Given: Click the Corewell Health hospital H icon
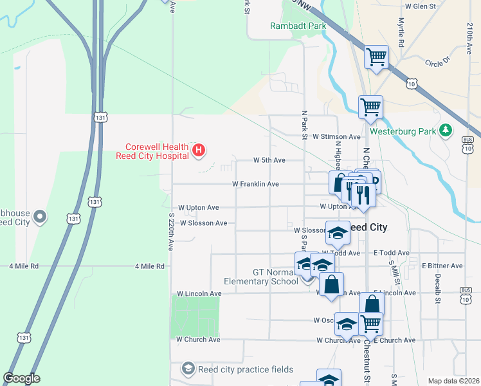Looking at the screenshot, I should click(199, 151).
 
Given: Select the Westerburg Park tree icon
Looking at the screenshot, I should click(446, 131).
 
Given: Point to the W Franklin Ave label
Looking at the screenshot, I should click(255, 184).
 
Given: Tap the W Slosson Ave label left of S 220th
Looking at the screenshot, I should click(203, 223).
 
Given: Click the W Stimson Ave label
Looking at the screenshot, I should click(336, 137).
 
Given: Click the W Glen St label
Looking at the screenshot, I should click(420, 6).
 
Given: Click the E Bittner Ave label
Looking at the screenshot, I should click(442, 266).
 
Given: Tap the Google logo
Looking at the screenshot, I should click(21, 379).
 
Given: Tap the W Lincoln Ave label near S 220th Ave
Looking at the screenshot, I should click(199, 293).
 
